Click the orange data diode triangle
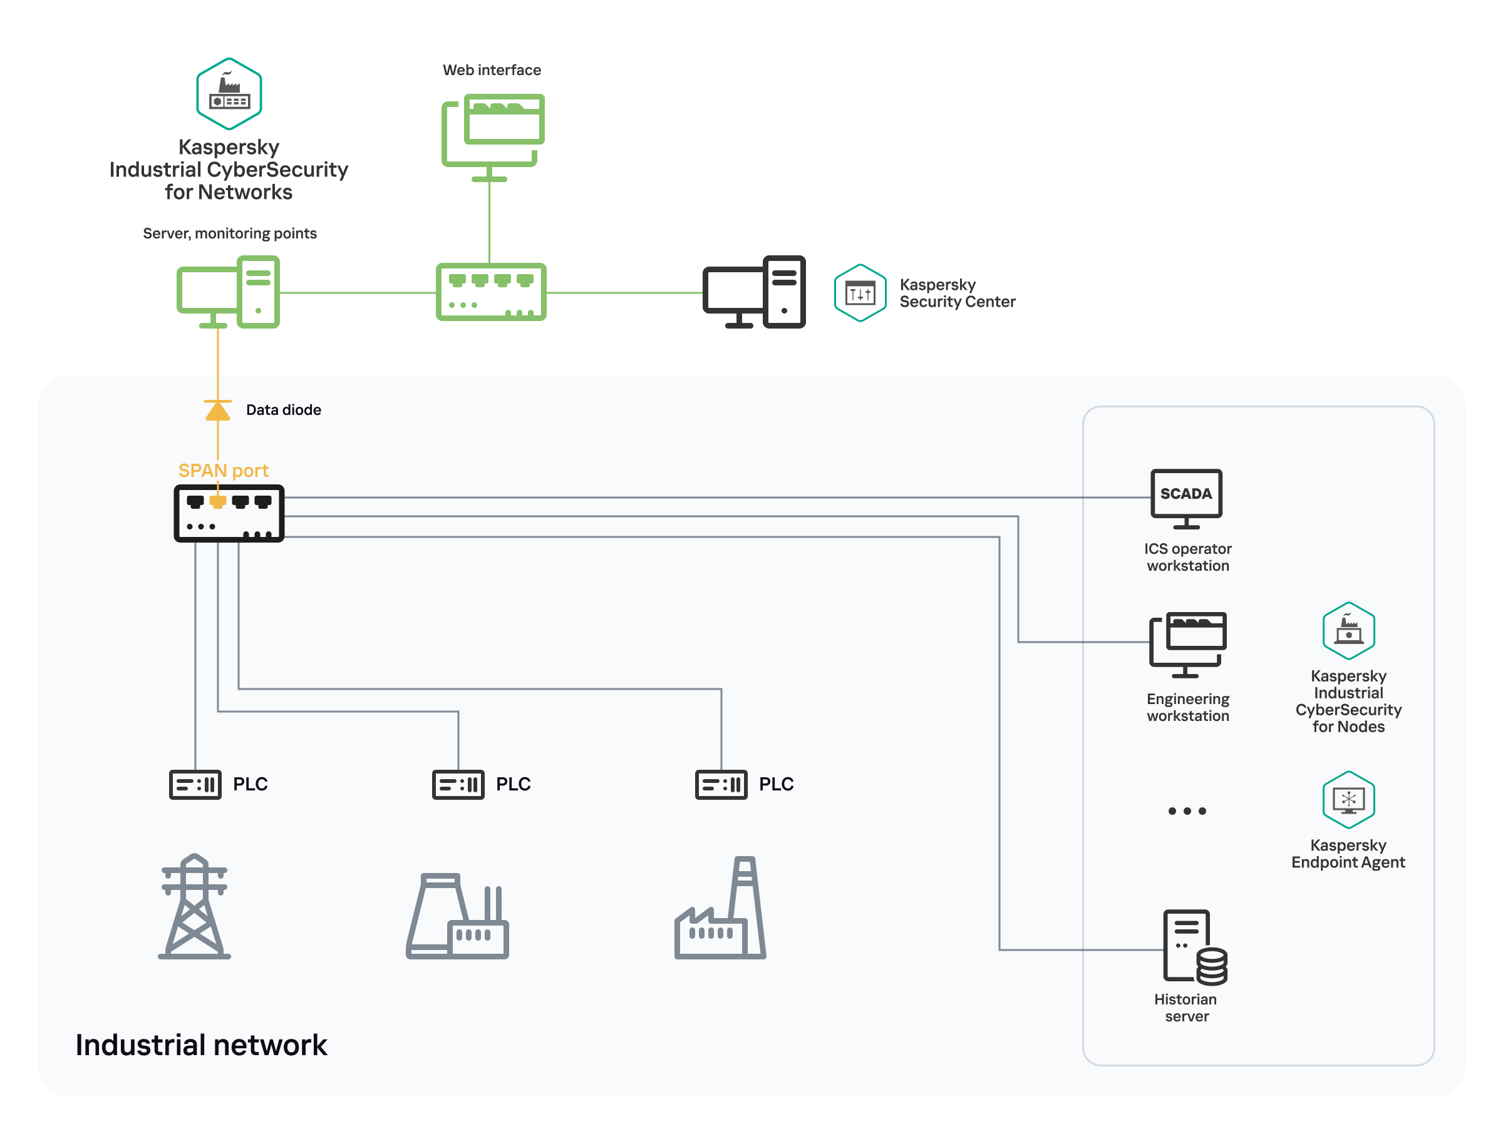(217, 410)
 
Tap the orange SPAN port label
(223, 470)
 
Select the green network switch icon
(490, 292)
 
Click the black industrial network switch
(229, 513)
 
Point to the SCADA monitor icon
(1185, 498)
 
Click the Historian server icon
(1194, 948)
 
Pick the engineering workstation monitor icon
(1188, 644)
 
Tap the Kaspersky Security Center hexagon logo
(860, 293)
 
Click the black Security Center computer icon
(753, 292)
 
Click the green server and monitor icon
(229, 292)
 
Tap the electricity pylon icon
(194, 907)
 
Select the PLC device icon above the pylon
(195, 784)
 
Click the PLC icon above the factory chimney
(721, 784)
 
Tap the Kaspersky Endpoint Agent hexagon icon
(1348, 799)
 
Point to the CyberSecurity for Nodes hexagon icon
(1348, 630)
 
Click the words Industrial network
(201, 1045)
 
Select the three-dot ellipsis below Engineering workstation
(1186, 811)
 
